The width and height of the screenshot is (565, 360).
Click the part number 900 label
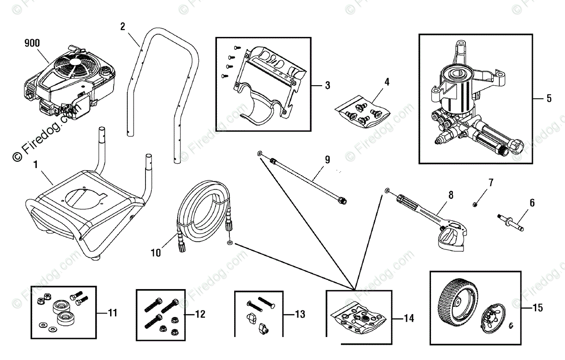coord(32,43)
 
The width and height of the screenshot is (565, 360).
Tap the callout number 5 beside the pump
coord(549,99)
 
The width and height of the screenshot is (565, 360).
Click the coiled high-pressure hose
coord(201,211)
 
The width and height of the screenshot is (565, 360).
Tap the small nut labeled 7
coord(474,204)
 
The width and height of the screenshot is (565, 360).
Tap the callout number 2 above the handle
coord(123,26)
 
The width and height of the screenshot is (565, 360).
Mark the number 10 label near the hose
coord(156,253)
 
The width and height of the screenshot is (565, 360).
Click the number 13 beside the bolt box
coord(300,315)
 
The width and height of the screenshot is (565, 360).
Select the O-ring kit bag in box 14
coord(359,318)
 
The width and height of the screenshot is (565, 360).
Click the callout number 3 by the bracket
coord(328,86)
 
